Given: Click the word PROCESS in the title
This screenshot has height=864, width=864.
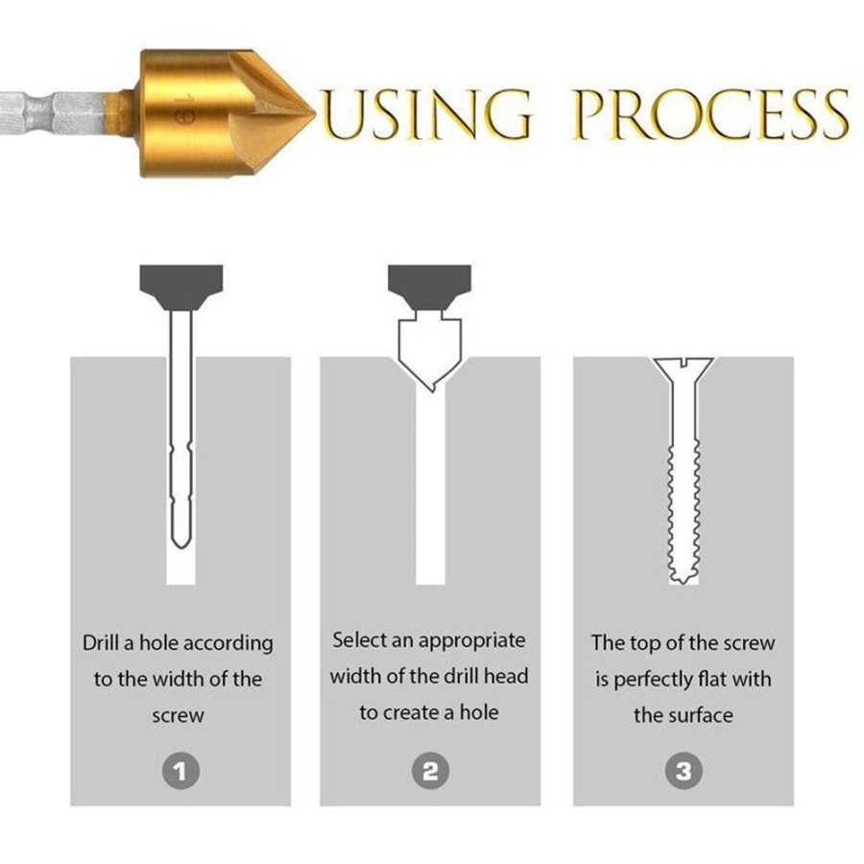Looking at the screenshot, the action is coord(709,114).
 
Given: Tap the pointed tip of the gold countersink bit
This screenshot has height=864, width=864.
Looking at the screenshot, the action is coord(313,113).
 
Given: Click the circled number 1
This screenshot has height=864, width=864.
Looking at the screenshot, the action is coord(180,771).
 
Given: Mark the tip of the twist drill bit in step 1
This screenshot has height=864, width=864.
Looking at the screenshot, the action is coord(181,546).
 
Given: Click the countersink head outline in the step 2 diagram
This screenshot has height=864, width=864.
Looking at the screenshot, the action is coord(430,351).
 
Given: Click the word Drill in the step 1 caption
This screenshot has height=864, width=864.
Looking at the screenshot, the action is coord(102,643).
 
